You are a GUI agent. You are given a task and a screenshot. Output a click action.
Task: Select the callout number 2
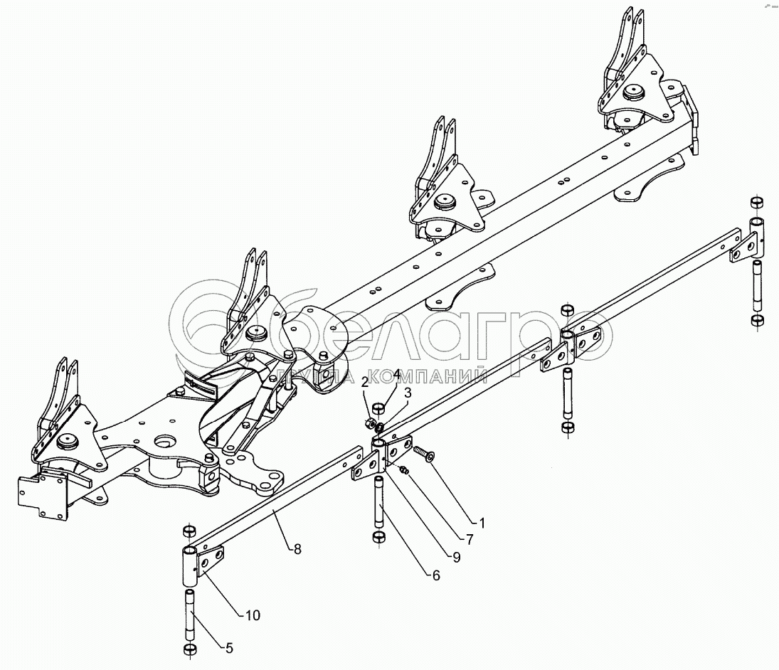(x=364, y=383)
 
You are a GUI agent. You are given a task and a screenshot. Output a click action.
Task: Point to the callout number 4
(x=397, y=374)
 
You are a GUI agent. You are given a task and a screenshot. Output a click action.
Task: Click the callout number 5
(x=228, y=648)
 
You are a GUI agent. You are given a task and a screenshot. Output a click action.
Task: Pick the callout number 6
(x=435, y=575)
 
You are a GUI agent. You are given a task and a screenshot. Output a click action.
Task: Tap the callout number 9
(x=455, y=558)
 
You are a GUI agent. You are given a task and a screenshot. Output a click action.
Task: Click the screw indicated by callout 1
(x=424, y=453)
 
